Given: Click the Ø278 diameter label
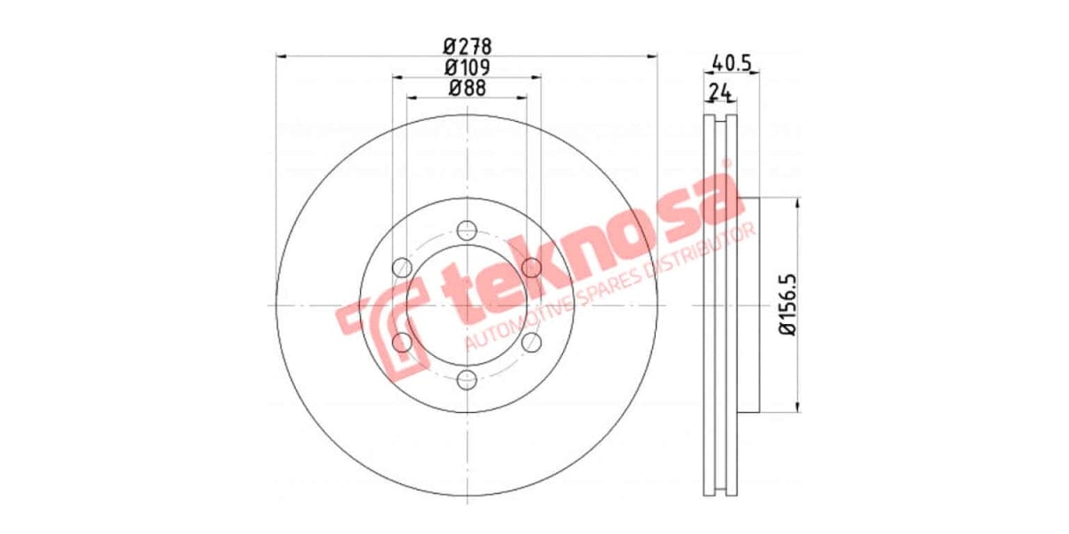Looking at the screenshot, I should pos(467,45).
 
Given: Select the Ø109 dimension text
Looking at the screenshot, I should pos(467,67).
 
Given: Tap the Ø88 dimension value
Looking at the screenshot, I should pos(467,87).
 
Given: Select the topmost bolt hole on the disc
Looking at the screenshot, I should pos(467,231).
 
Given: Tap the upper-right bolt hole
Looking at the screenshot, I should pos(532,267).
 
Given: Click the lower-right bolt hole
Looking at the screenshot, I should pos(532,343).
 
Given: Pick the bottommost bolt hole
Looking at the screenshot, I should pos(467,381).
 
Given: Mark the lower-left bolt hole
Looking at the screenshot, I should pos(402,343).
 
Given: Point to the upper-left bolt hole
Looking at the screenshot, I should pos(402,267).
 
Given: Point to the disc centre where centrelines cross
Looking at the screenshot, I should pos(467,305).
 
